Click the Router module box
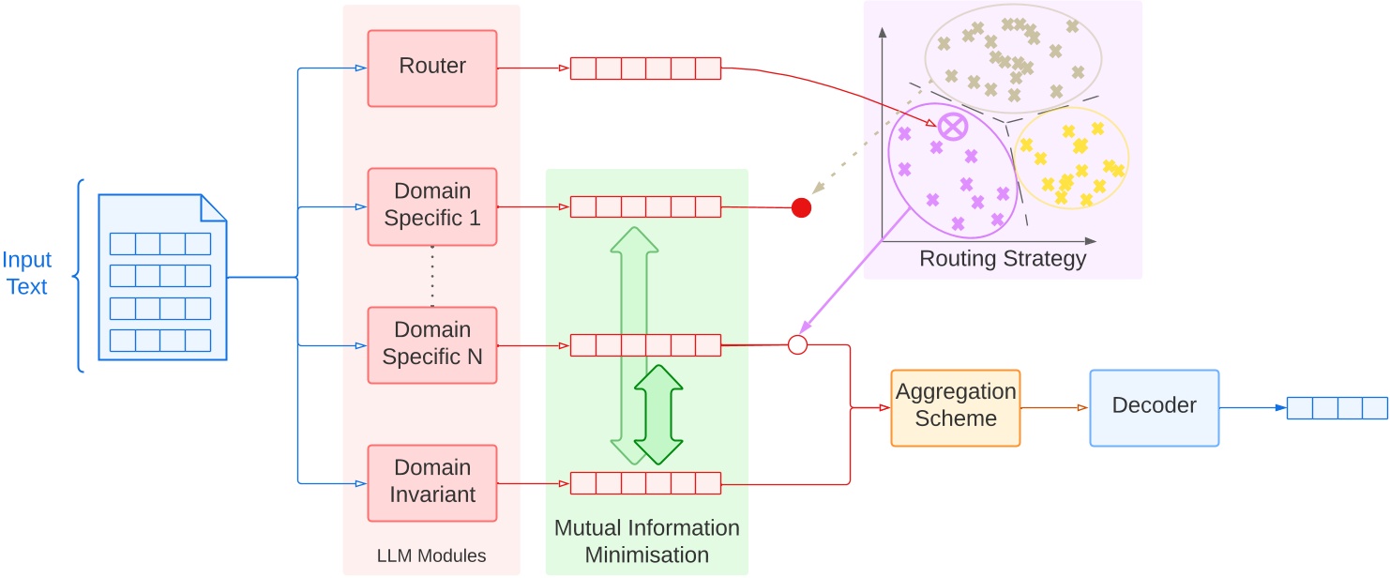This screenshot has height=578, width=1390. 432,68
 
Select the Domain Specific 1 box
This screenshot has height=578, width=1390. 432,206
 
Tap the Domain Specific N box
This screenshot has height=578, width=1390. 432,343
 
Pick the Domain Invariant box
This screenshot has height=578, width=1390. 432,481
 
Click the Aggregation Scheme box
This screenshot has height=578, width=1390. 955,407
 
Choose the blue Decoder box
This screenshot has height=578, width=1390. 1154,407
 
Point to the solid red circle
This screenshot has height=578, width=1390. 801,207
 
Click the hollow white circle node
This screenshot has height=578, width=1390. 797,344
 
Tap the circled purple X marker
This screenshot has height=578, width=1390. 953,125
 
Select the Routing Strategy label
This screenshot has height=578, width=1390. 1002,259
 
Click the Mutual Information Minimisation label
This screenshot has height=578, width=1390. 646,541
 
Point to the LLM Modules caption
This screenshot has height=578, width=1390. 431,555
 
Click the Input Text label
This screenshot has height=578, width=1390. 26,274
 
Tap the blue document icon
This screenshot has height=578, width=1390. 163,278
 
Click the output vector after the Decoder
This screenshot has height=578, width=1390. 1337,408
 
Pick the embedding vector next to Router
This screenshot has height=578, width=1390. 645,68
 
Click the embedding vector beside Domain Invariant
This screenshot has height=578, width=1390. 645,483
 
